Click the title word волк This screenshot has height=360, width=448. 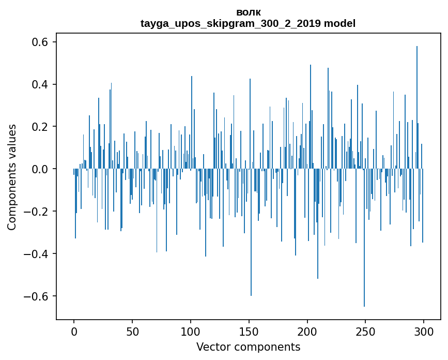[x=248, y=12]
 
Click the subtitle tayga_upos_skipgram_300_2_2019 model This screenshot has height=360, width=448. [x=248, y=23]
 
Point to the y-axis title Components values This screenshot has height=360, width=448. [x=12, y=177]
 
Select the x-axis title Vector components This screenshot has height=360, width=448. [x=248, y=347]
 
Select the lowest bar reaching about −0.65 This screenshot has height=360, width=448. [x=364, y=238]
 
